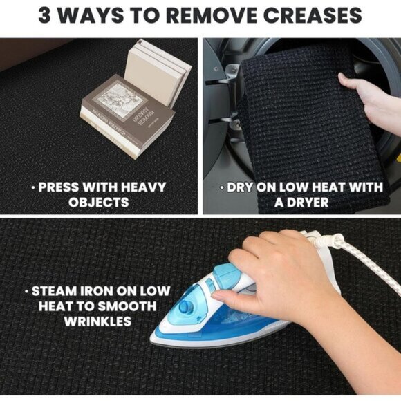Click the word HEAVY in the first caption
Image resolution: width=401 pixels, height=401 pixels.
[x=144, y=187]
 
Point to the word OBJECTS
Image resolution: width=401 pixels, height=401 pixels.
[x=98, y=203]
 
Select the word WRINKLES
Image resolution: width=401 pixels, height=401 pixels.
[x=97, y=321]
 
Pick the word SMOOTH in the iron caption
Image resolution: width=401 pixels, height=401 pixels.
[x=127, y=306]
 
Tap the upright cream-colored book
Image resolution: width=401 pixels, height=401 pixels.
[x=157, y=73]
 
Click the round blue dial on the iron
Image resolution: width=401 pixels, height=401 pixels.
[x=185, y=306]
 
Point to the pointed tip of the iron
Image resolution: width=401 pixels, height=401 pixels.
[x=151, y=337]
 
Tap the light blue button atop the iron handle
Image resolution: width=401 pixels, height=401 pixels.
[x=225, y=272]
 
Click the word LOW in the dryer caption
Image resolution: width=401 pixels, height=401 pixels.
[x=294, y=187]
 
